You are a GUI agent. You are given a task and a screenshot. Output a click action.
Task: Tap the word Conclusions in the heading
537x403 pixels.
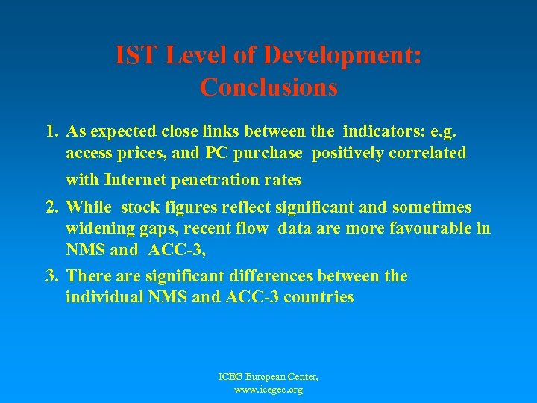(x=268, y=87)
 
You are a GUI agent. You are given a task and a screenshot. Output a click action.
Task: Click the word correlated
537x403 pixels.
(x=428, y=154)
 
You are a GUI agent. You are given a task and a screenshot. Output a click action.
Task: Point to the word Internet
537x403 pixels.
(x=137, y=180)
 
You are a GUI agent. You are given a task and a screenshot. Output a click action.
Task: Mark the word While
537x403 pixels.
(x=89, y=207)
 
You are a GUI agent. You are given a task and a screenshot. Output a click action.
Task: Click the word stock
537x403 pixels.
(x=139, y=207)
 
